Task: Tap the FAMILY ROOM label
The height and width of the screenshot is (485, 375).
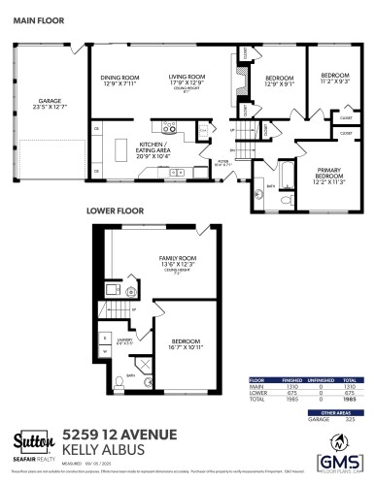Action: tap(178, 259)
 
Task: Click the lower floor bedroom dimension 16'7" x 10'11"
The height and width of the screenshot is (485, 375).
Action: tap(187, 346)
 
